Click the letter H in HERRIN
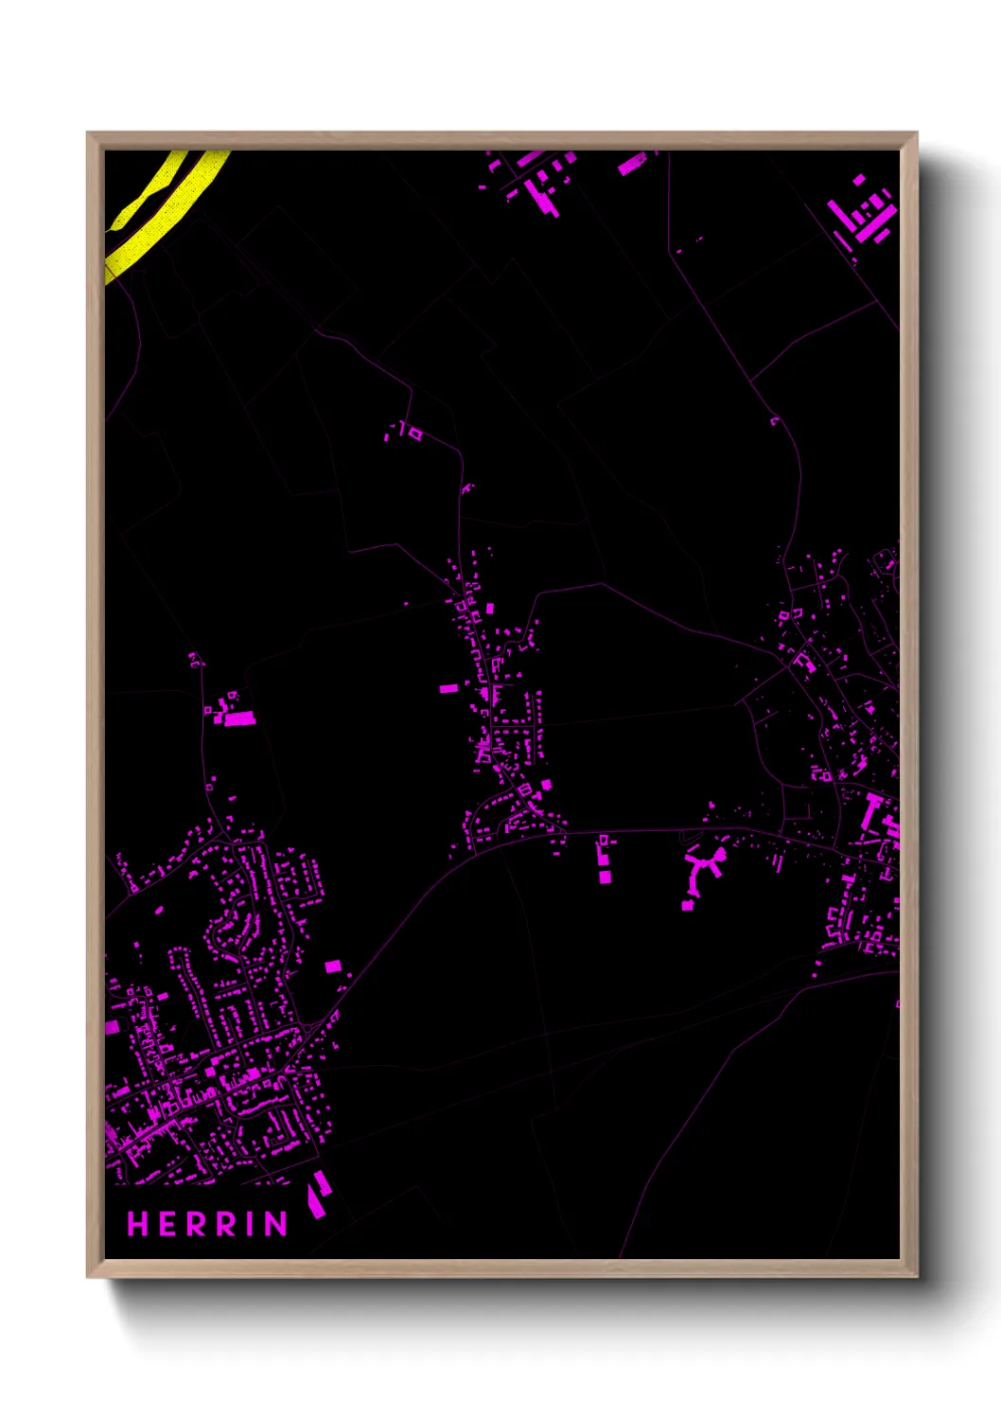tap(138, 1224)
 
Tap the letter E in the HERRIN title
tap(167, 1224)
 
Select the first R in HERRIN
tap(196, 1224)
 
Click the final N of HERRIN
tap(275, 1224)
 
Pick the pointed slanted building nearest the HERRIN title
tap(317, 1195)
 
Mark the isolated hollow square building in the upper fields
tap(414, 434)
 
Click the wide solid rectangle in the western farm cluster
tap(239, 719)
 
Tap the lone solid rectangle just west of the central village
tap(448, 688)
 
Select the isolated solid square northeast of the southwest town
tap(332, 967)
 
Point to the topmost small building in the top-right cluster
tap(858, 180)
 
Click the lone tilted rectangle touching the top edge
tap(631, 165)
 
